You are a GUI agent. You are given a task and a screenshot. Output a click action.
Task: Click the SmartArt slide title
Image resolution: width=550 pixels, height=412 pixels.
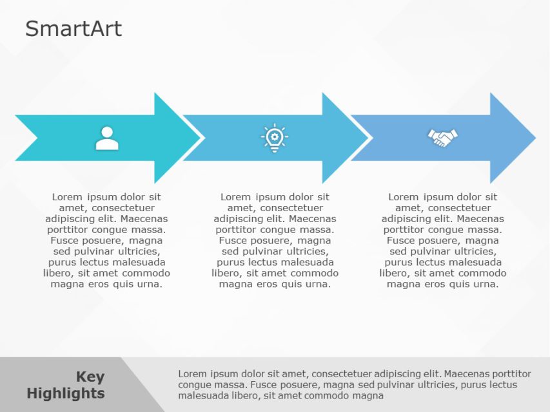point(74,29)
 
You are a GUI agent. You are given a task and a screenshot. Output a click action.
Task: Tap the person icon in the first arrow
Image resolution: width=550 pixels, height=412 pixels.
point(107,138)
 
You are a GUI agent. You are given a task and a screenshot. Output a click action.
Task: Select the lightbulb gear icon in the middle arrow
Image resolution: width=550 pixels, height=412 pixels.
point(275,138)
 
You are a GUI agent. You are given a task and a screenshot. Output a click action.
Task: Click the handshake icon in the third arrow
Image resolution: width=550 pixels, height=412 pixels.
point(442,137)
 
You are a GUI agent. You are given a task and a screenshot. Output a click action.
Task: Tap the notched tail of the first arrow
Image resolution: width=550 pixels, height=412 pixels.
point(26,138)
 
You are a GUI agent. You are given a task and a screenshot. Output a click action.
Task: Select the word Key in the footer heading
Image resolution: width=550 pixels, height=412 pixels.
point(90,377)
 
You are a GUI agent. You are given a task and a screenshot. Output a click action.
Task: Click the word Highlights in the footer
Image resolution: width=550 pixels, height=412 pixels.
point(66,393)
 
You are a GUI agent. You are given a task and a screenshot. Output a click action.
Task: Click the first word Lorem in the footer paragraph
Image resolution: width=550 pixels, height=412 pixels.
point(192,373)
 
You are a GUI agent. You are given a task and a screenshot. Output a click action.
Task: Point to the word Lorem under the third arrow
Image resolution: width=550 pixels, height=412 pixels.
point(404,197)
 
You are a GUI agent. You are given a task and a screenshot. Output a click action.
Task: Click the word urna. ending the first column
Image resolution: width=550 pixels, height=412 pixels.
point(149,284)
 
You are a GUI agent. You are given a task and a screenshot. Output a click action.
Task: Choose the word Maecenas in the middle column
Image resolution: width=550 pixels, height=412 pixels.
point(312,219)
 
